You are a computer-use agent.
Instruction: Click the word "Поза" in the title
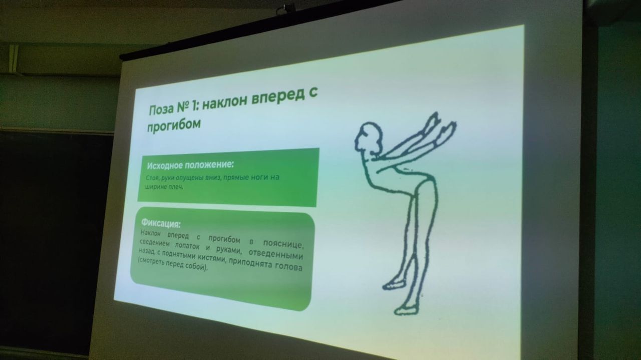click(x=161, y=109)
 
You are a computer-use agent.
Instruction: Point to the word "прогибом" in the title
click(x=174, y=125)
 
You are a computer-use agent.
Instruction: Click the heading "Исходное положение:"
click(x=190, y=165)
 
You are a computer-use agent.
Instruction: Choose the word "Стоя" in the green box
click(x=152, y=178)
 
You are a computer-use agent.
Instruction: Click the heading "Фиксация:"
click(x=161, y=223)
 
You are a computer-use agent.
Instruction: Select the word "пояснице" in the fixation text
click(x=283, y=243)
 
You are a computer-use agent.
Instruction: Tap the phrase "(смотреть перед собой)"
click(x=172, y=264)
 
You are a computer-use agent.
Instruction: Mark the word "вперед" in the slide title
click(x=275, y=99)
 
